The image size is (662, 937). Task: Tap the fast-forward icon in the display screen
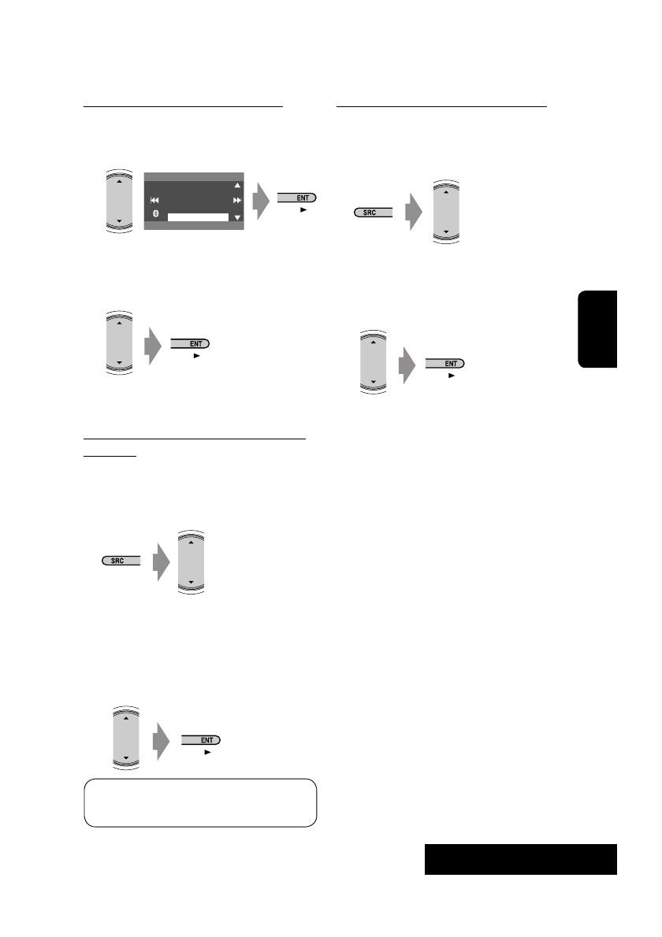[x=236, y=201]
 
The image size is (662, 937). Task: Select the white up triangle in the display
[x=236, y=187]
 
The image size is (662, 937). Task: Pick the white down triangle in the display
[x=236, y=216]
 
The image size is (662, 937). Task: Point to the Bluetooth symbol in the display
[x=156, y=215]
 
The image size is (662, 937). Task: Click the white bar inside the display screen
[x=199, y=217]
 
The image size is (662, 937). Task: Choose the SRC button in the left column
[x=121, y=561]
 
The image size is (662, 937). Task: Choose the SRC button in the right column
[x=372, y=213]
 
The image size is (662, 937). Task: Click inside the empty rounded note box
[x=200, y=802]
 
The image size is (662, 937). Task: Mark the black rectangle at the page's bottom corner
[x=520, y=859]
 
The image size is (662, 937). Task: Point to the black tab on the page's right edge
[x=597, y=328]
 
